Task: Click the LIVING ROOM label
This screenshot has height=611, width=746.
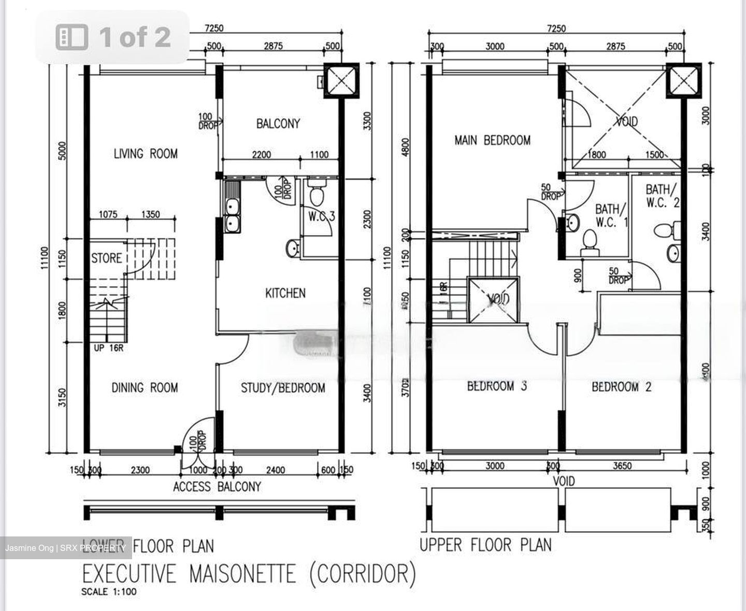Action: tap(146, 153)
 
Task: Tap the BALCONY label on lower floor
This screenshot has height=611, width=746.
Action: tap(278, 124)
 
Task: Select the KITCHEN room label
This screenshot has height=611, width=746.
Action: tap(285, 293)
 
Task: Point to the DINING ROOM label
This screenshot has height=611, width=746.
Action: tap(145, 387)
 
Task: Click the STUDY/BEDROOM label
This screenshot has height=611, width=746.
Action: tap(283, 388)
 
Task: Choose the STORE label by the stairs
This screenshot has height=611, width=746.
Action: tap(106, 258)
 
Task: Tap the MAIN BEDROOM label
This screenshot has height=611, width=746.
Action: tap(492, 140)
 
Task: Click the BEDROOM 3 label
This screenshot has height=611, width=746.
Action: tap(497, 386)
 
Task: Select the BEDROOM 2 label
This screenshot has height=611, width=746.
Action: tap(622, 387)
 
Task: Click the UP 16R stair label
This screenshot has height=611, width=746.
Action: tap(108, 348)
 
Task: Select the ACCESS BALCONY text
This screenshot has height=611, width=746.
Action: tap(217, 487)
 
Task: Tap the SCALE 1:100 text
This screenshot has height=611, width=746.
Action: tap(109, 592)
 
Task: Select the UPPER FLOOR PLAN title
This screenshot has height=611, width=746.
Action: tap(485, 545)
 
